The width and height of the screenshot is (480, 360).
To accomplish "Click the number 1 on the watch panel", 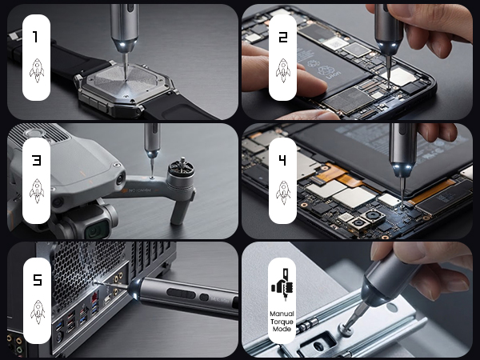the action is tap(35, 37).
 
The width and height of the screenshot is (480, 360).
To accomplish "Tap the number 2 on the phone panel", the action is tap(283, 37).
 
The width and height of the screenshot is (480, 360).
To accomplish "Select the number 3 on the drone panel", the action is tap(37, 160).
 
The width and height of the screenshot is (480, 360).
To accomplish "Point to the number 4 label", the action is tap(282, 160).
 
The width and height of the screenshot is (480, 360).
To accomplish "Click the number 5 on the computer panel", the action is tap(37, 280).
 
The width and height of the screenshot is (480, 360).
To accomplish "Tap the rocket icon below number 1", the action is tap(37, 70).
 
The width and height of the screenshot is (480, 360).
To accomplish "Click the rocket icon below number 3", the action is tap(37, 191).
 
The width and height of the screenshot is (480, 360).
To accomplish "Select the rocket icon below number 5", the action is tap(38, 312).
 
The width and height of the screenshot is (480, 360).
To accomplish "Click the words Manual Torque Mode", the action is tap(282, 322).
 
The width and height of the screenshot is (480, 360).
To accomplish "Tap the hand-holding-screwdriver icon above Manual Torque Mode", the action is tap(282, 285).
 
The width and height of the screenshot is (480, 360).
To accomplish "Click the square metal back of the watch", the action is tap(126, 82).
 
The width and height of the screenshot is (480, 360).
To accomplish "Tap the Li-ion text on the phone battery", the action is tap(334, 74).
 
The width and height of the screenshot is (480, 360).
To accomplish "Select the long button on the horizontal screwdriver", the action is tap(181, 294).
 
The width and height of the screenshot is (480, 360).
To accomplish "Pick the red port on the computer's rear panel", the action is tap(95, 296).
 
